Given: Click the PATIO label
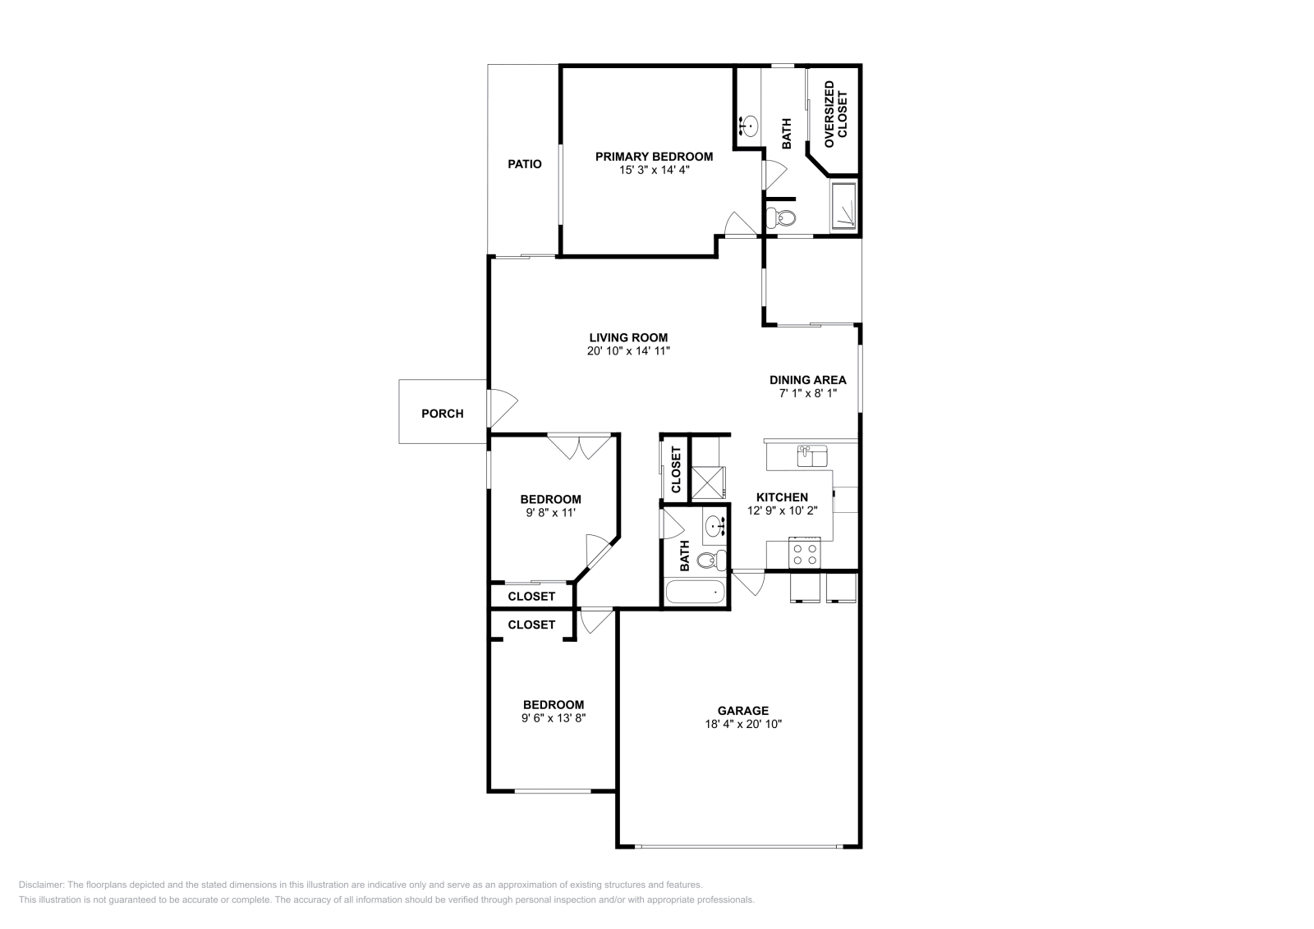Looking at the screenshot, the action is point(525,164).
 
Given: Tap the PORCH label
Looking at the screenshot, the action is point(443,414).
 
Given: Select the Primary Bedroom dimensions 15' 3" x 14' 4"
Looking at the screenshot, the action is point(654,170).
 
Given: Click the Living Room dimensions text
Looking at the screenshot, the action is point(628,351).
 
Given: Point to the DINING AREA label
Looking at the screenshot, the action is point(808,380).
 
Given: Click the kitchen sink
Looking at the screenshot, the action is point(812,456).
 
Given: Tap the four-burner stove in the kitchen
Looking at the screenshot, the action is point(804,552).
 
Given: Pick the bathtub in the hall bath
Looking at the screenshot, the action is point(695,592).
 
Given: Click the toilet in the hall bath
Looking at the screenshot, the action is point(711,561).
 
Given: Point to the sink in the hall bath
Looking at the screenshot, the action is point(715,526).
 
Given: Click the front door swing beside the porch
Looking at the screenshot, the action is point(503,408).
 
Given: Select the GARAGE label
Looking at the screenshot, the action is point(742,711).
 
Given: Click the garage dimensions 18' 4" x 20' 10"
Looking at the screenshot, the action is point(743,725).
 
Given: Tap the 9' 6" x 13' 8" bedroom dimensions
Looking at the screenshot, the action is point(554,718).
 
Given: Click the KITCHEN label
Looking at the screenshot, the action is point(782,497).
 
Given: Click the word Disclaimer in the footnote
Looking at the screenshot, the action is point(41,885).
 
